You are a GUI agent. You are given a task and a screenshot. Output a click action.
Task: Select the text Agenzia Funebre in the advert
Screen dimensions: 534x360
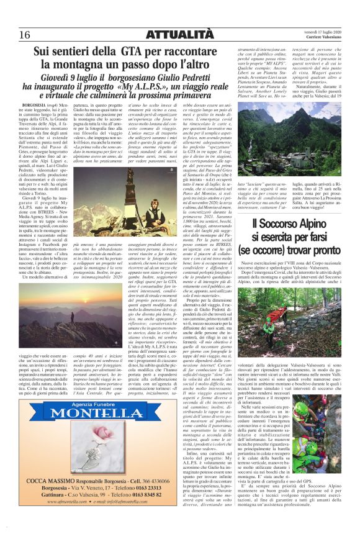click(x=78, y=422)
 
